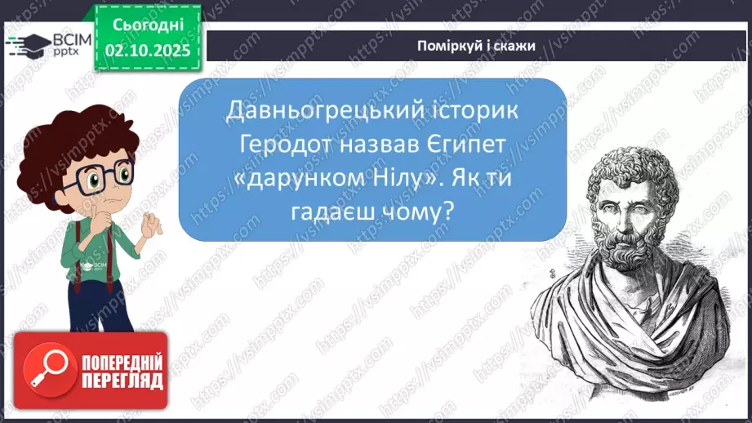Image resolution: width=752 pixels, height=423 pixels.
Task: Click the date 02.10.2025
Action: click(x=148, y=51)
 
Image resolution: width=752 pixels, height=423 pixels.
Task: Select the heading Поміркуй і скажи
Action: click(x=475, y=46)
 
